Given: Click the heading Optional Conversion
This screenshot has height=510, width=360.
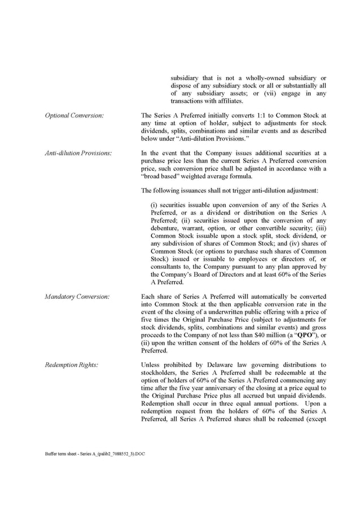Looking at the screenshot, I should [74, 115].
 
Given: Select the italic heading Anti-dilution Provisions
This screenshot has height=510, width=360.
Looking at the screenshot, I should [78, 152].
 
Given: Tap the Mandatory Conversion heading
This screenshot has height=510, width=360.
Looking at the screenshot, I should [77, 296].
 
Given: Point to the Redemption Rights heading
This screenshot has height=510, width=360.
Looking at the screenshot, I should [72, 365].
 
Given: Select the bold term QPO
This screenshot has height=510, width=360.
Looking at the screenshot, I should [292, 334].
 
